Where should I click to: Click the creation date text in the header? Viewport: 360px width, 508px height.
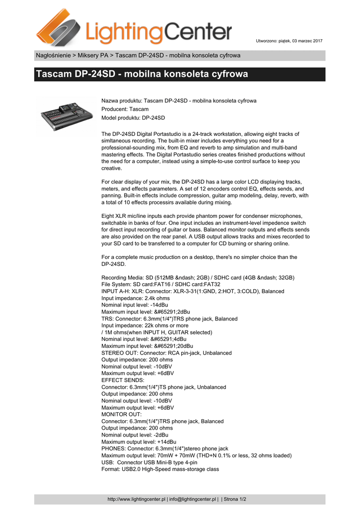(x=289, y=40)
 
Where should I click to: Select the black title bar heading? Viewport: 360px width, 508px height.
(x=142, y=74)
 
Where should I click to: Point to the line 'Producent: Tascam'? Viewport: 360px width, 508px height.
(x=125, y=109)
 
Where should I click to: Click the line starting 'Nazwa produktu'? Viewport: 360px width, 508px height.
(x=179, y=101)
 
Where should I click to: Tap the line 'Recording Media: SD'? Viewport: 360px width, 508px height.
(x=198, y=277)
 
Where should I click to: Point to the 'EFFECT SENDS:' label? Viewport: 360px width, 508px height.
(x=123, y=380)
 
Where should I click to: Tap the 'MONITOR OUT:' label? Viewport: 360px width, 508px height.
(x=122, y=414)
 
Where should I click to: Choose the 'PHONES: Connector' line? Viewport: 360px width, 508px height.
(x=165, y=448)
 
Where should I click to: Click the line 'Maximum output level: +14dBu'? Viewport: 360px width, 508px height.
(x=139, y=442)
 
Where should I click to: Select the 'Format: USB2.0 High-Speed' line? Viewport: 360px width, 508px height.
(x=160, y=469)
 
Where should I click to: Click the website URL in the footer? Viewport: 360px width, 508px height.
(x=136, y=499)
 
